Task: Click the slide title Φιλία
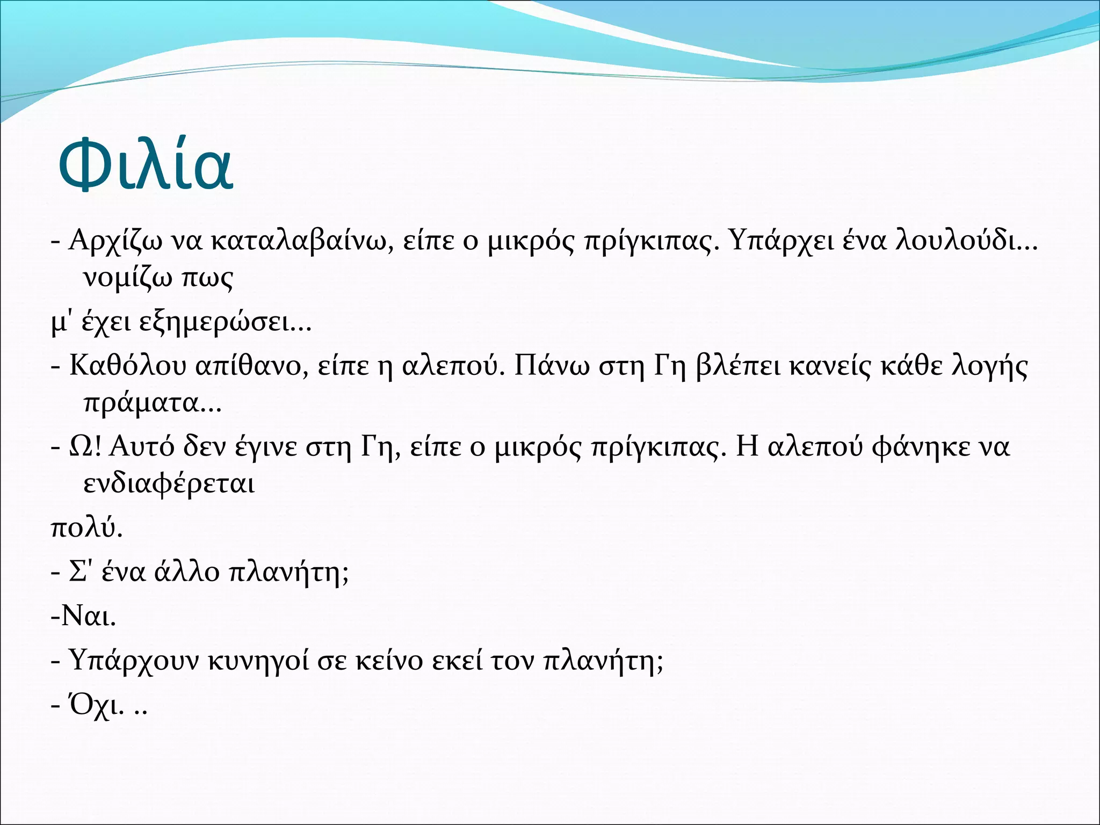point(145,164)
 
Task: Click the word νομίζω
point(128,278)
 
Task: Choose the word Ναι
point(86,616)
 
